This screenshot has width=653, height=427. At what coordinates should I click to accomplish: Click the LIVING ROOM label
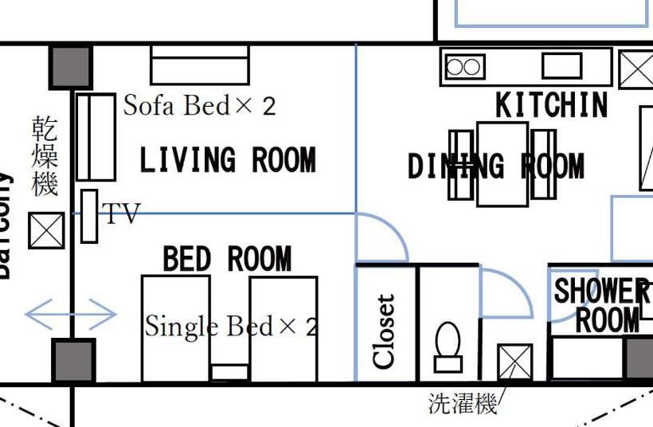pyautogui.click(x=228, y=160)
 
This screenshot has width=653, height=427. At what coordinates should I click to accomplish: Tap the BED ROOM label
pyautogui.click(x=227, y=259)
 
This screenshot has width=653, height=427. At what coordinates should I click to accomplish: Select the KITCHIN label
pyautogui.click(x=551, y=105)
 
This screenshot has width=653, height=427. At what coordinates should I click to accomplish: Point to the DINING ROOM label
pyautogui.click(x=495, y=166)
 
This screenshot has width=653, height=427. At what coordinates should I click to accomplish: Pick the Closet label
pyautogui.click(x=385, y=331)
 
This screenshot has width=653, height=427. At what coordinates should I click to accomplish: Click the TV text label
pyautogui.click(x=121, y=213)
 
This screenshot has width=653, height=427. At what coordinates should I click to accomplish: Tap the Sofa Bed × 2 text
pyautogui.click(x=199, y=105)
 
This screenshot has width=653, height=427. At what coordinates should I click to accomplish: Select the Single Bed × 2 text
pyautogui.click(x=231, y=326)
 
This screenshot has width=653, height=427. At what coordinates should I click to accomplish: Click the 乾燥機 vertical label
pyautogui.click(x=45, y=155)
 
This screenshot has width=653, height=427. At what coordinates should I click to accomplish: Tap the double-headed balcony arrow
pyautogui.click(x=71, y=314)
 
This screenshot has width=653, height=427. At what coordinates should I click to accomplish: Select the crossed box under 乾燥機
pyautogui.click(x=46, y=230)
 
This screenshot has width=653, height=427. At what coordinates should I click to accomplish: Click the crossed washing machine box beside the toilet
pyautogui.click(x=514, y=362)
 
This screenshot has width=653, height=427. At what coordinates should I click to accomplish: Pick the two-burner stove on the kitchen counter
pyautogui.click(x=465, y=67)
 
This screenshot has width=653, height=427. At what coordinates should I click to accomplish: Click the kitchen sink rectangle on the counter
pyautogui.click(x=562, y=65)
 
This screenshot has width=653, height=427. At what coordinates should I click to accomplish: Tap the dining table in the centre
pyautogui.click(x=502, y=164)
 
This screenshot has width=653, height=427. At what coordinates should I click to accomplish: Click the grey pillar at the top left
pyautogui.click(x=71, y=67)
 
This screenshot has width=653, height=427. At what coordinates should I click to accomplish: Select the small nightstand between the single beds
pyautogui.click(x=229, y=372)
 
